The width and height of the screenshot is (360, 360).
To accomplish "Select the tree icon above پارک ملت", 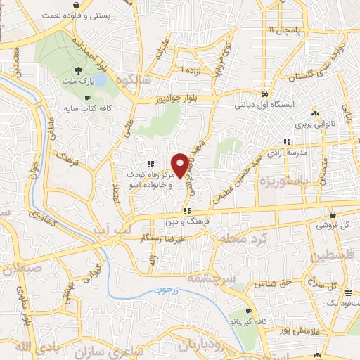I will point(79,70).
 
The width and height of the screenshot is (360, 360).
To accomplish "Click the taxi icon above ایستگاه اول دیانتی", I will point(263,94).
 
